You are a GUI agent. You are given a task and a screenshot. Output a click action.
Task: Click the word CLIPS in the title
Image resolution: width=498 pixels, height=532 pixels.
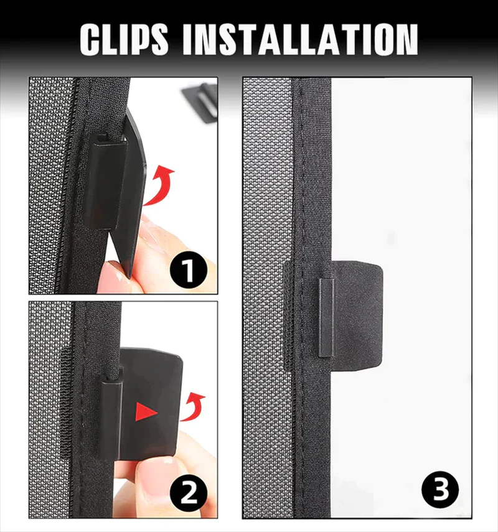click(124, 39)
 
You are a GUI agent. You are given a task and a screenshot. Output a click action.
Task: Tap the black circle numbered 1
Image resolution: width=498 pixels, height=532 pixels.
click(189, 271)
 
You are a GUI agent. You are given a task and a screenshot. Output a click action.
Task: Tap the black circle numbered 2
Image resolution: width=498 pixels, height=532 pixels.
click(189, 493)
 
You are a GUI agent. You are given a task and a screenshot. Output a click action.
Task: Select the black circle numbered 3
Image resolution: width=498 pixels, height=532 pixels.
click(440, 490)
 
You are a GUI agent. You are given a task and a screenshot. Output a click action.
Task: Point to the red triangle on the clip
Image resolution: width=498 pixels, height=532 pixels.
click(146, 411)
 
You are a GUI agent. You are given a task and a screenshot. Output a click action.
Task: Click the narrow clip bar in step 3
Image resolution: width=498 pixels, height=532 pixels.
click(326, 317)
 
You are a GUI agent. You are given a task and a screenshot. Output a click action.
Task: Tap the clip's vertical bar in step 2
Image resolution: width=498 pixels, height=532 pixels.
click(111, 420)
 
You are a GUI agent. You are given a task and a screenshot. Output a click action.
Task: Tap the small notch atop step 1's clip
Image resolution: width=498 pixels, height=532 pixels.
click(103, 138)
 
